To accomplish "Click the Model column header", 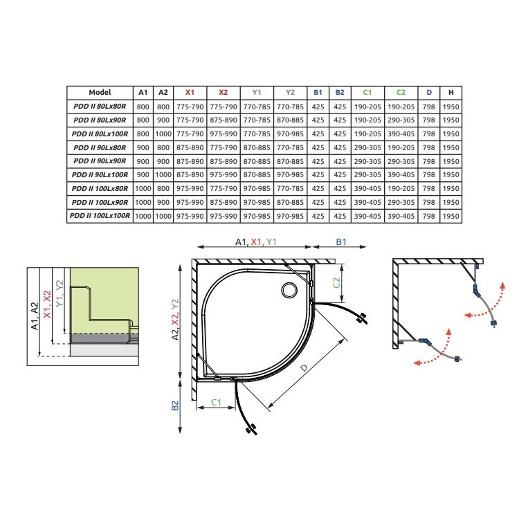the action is click(100, 92).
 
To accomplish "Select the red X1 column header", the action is click(190, 92).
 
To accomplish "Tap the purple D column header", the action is click(428, 92).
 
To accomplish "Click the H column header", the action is click(451, 92).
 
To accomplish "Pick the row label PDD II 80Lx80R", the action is click(100, 107).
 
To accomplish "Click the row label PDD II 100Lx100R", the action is click(100, 215).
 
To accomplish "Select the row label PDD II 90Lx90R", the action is click(100, 161).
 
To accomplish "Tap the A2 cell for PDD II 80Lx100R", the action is click(163, 134).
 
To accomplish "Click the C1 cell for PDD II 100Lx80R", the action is click(367, 188).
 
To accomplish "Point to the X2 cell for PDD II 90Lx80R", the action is click(224, 147).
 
